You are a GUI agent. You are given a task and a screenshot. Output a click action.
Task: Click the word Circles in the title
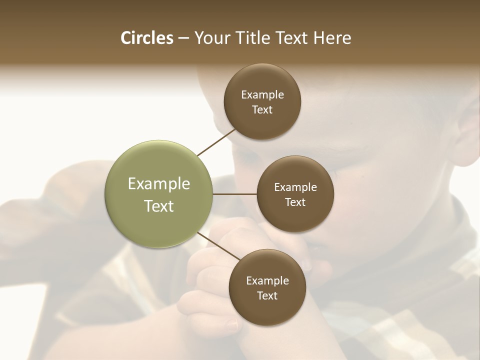pos(146,38)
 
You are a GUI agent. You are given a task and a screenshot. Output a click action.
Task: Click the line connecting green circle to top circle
pos(217,142)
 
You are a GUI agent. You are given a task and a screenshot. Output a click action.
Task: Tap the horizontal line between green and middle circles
pos(235,194)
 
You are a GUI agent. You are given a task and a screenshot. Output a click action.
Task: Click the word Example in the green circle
pos(159,184)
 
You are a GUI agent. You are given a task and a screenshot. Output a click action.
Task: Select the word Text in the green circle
pos(159,206)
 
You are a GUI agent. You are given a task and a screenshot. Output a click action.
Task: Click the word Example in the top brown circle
pos(262,95)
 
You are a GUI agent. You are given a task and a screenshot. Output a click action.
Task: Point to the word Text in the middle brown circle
pos(295,202)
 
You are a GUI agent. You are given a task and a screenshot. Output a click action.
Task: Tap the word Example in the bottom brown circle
pos(267,281)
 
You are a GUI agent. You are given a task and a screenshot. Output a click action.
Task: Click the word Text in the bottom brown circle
pos(267,296)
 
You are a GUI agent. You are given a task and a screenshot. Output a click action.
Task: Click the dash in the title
pos(183,38)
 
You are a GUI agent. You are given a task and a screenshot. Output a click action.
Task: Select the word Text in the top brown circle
pos(262,110)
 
